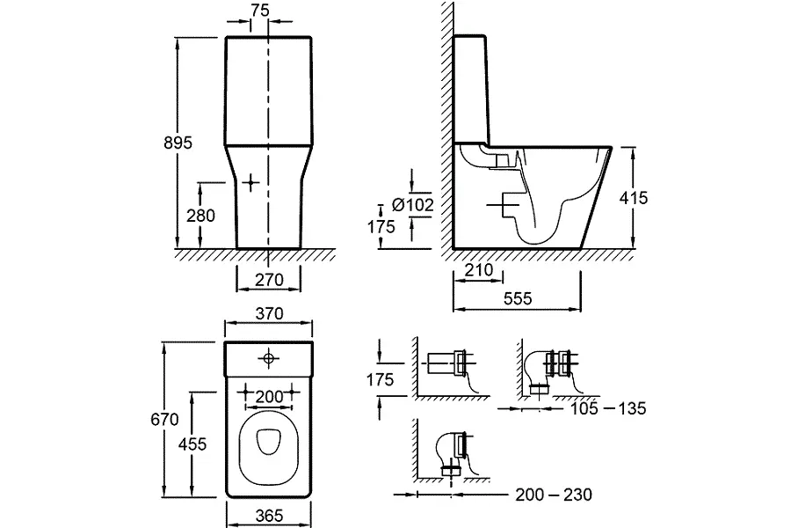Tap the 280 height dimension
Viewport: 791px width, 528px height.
(201, 215)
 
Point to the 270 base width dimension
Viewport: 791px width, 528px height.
(269, 281)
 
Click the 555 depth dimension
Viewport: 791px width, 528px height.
(518, 299)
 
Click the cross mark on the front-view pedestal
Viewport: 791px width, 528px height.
(251, 183)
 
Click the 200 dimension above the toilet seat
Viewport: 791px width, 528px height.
(268, 397)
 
